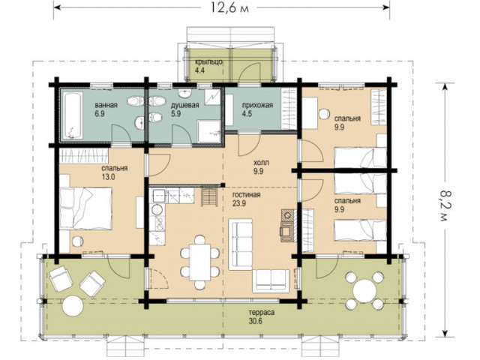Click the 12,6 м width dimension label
pyautogui.click(x=229, y=7)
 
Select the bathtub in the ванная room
pyautogui.click(x=73, y=116)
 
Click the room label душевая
pyautogui.click(x=184, y=106)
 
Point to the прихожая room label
pyautogui.click(x=257, y=106)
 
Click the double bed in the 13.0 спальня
pyautogui.click(x=85, y=208)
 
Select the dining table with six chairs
pyautogui.click(x=200, y=262)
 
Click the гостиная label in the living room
pyautogui.click(x=246, y=195)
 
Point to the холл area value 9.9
pyautogui.click(x=258, y=171)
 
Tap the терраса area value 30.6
pyautogui.click(x=256, y=321)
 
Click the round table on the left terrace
pyautogui.click(x=73, y=306)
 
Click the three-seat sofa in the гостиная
pyautogui.click(x=241, y=244)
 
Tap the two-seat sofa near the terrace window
pyautogui.click(x=271, y=281)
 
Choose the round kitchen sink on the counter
pyautogui.click(x=157, y=210)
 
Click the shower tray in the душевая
pyautogui.click(x=209, y=131)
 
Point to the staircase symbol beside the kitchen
pyautogui.click(x=209, y=197)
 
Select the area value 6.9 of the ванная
pyautogui.click(x=100, y=113)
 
